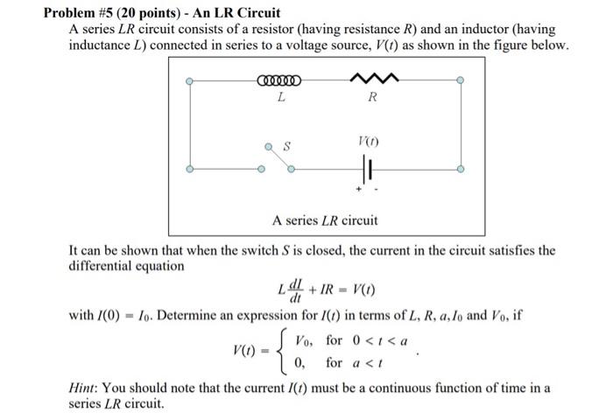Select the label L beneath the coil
[x=280, y=98]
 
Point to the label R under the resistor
[x=371, y=98]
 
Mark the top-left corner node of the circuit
[x=189, y=81]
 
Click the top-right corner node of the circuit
[x=461, y=81]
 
